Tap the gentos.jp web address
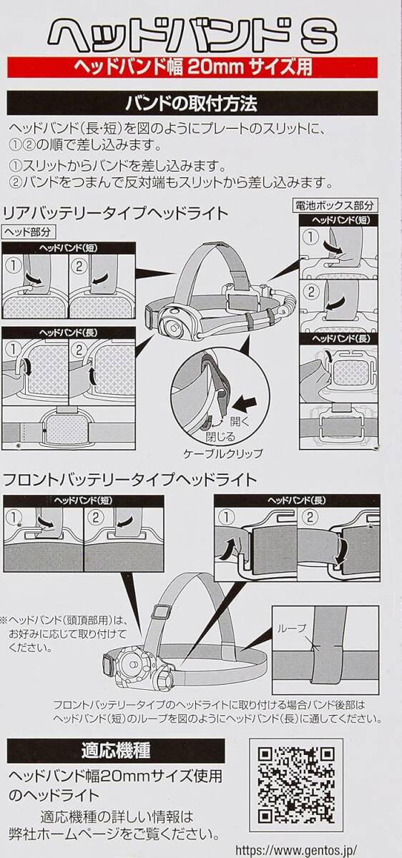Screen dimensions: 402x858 tap(296, 849)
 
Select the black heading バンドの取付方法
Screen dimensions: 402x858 tap(192, 104)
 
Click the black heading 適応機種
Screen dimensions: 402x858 tap(116, 751)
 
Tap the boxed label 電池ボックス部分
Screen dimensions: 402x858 tap(334, 205)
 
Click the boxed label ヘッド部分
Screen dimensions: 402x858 tap(29, 232)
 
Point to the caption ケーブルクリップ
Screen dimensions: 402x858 tap(223, 454)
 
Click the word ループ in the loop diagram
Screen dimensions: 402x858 tap(292, 628)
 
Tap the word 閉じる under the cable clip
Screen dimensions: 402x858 tap(220, 437)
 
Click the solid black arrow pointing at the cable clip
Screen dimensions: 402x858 tap(245, 403)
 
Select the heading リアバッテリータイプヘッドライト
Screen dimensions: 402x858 tap(116, 214)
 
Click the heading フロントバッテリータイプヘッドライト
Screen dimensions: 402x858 tap(129, 480)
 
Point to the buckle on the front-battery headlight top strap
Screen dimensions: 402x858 tap(160, 612)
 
